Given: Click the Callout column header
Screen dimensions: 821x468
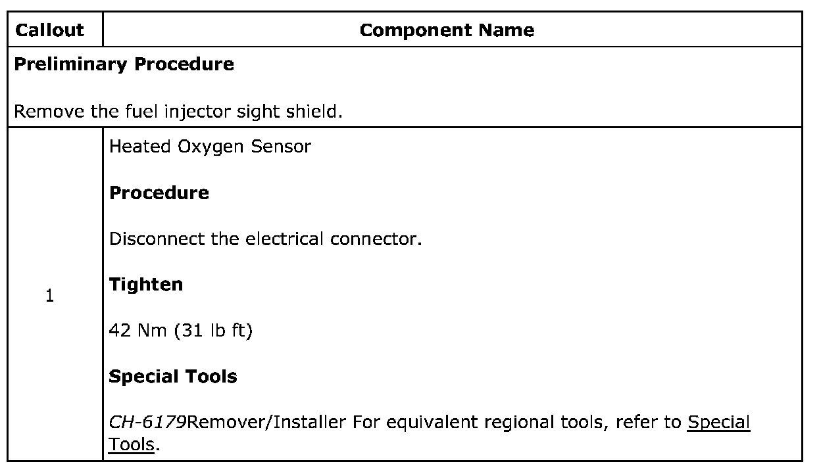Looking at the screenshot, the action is (x=49, y=30).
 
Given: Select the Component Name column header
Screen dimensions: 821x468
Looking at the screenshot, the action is (x=447, y=30).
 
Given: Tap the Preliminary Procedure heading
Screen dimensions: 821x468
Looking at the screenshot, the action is (x=124, y=64).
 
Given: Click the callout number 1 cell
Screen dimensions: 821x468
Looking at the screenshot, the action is (x=49, y=296).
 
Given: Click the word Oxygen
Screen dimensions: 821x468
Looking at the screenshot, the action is (x=202, y=147).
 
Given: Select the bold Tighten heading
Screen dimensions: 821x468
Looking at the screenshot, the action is (x=145, y=285).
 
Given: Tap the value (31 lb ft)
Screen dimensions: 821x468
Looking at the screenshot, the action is (x=213, y=331).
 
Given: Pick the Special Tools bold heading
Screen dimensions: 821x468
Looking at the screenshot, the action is (x=173, y=377).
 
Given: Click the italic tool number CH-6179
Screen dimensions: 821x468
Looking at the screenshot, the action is (x=147, y=422).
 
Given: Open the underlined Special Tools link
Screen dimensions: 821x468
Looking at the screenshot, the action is (x=718, y=422).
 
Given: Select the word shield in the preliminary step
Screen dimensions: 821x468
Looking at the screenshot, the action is (x=318, y=110).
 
